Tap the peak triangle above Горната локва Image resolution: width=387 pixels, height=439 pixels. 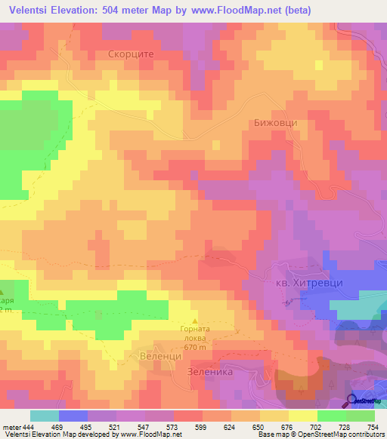point(195,320)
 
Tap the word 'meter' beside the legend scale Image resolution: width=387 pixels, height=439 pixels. point(9,426)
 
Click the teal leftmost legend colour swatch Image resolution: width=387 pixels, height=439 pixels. point(44,416)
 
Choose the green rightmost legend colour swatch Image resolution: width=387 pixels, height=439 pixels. point(360,416)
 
